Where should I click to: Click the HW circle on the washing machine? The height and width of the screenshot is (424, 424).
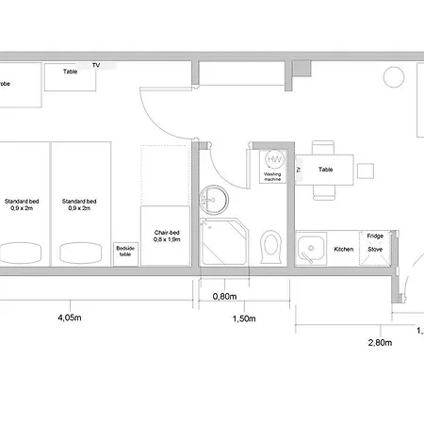[x=274, y=160]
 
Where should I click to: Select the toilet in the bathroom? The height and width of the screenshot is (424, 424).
[x=271, y=246]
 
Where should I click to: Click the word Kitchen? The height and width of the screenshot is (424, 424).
[x=344, y=250]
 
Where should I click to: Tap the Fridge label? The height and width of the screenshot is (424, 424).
[x=374, y=236]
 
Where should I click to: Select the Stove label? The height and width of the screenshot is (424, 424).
[x=374, y=251]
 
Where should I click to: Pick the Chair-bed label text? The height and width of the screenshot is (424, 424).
[x=160, y=236]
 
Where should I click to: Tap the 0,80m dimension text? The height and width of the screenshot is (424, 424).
[x=224, y=296]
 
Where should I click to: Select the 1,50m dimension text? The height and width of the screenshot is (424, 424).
[x=243, y=318]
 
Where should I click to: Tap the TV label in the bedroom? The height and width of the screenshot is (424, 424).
[x=95, y=64]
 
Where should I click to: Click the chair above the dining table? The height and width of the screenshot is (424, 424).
[x=322, y=148]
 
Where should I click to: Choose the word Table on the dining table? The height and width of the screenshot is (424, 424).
[x=325, y=170]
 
